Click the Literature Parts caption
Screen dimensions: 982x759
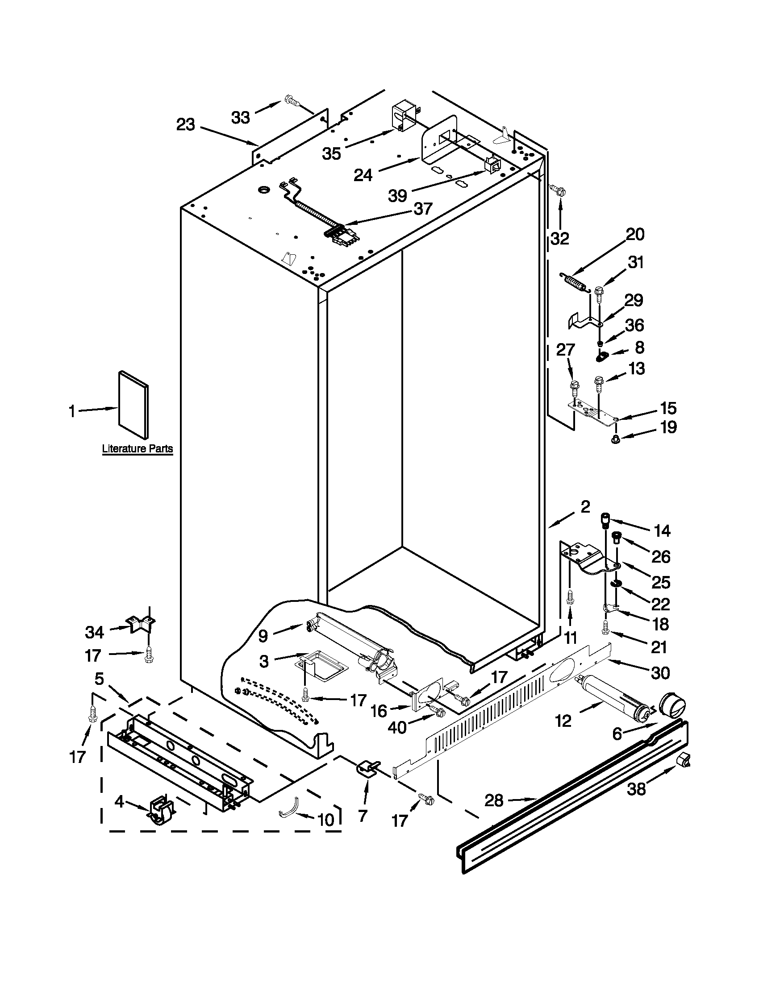[137, 448]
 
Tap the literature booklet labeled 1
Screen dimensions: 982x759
[133, 405]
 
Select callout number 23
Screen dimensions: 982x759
[185, 124]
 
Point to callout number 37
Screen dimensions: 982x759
[423, 209]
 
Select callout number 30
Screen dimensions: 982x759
[660, 673]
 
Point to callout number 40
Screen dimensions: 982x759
[397, 727]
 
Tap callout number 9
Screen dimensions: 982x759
[263, 635]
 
